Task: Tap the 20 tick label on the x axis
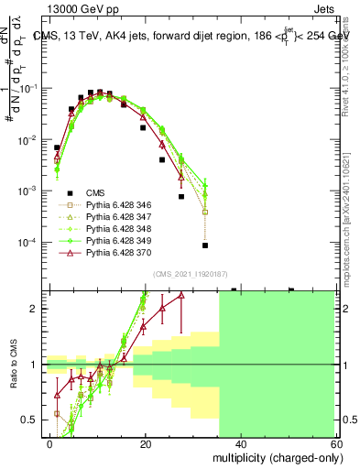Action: tap(145, 443)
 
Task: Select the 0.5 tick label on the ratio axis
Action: tap(33, 420)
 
